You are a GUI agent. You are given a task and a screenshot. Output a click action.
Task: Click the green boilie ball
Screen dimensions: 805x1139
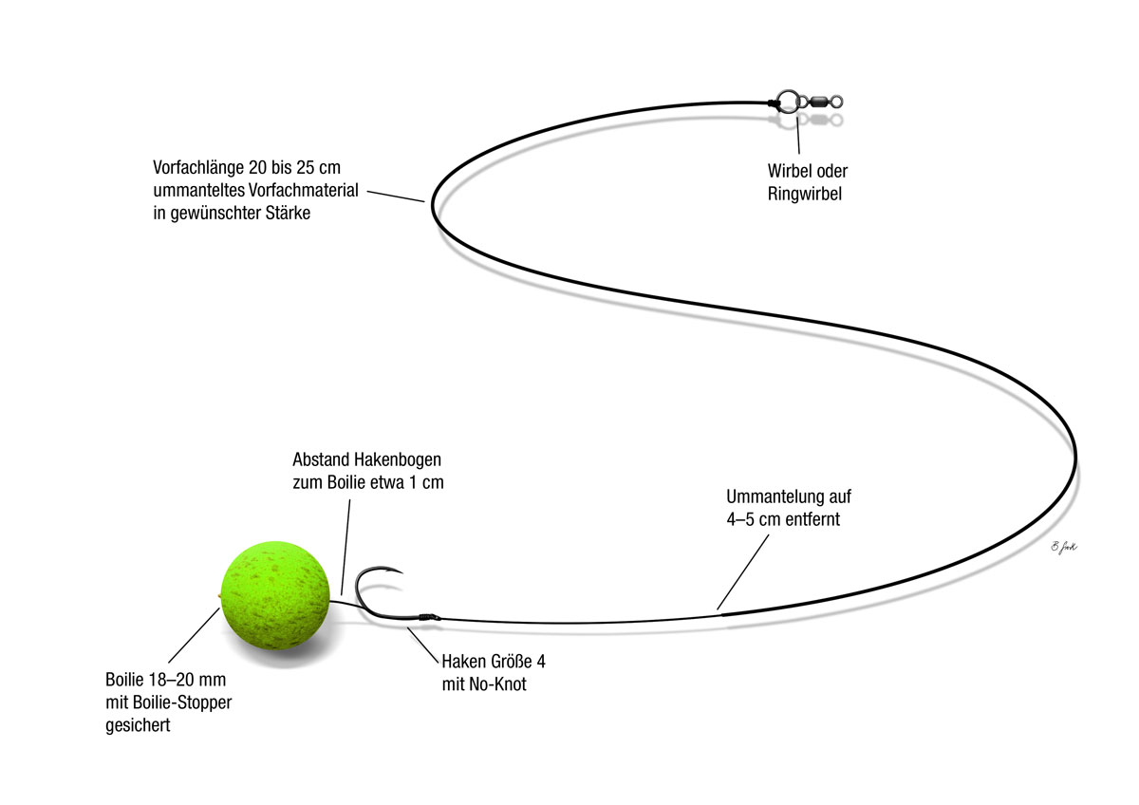coord(276,597)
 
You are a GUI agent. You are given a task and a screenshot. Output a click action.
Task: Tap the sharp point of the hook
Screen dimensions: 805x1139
coord(402,572)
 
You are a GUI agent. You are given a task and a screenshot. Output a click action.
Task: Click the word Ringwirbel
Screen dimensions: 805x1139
coord(806,194)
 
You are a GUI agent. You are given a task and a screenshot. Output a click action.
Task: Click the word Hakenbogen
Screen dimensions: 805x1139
coord(395,460)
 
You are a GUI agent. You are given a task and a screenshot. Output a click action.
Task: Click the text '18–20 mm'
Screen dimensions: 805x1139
coord(188,682)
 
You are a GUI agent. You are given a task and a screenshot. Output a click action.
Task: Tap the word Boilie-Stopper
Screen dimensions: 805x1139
coord(179,703)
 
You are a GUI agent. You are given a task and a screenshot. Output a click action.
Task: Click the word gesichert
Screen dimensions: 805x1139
coord(138,726)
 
